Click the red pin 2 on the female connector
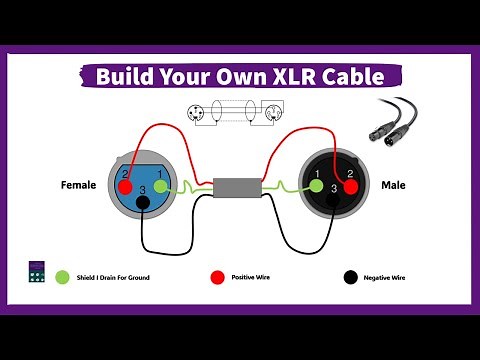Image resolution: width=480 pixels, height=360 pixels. click(x=125, y=186)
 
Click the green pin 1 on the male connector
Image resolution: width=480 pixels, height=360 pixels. click(x=315, y=185)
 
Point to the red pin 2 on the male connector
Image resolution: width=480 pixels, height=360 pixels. click(x=351, y=185)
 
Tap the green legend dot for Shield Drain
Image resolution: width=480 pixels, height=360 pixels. click(x=62, y=276)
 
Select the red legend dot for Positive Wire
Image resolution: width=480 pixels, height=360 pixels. click(x=216, y=276)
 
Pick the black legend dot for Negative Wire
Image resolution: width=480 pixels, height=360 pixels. click(x=350, y=276)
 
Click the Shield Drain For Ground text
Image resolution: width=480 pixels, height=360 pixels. click(x=115, y=276)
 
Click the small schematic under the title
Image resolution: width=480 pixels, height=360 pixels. click(x=238, y=115)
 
